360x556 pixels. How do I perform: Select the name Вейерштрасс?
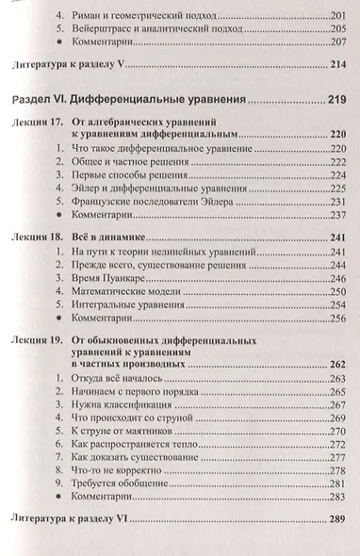103,29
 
